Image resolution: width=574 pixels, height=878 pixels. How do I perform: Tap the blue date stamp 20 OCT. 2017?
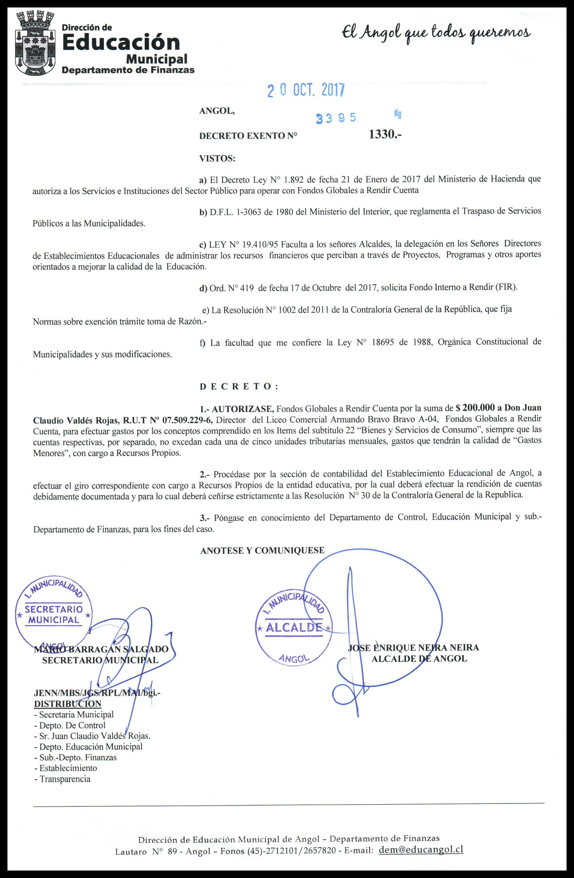point(306,90)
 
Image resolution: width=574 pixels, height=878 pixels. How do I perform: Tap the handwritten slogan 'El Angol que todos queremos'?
point(436,34)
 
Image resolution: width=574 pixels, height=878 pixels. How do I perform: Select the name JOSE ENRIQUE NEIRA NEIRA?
point(413,647)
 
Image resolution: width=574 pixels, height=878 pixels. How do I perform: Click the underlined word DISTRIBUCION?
point(67,704)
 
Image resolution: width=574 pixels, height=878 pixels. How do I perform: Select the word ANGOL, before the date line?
point(217,111)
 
